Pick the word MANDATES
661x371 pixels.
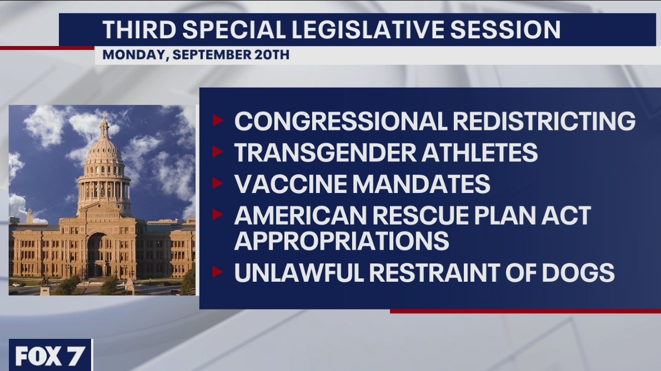pyautogui.click(x=420, y=184)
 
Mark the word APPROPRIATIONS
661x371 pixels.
pyautogui.click(x=342, y=241)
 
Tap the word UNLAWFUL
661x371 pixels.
pyautogui.click(x=297, y=273)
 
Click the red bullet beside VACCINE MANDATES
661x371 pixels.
pyautogui.click(x=217, y=183)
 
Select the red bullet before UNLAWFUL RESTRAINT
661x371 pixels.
pyautogui.click(x=217, y=272)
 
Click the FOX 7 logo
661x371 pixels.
pyautogui.click(x=50, y=355)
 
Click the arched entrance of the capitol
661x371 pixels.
pyautogui.click(x=97, y=255)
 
